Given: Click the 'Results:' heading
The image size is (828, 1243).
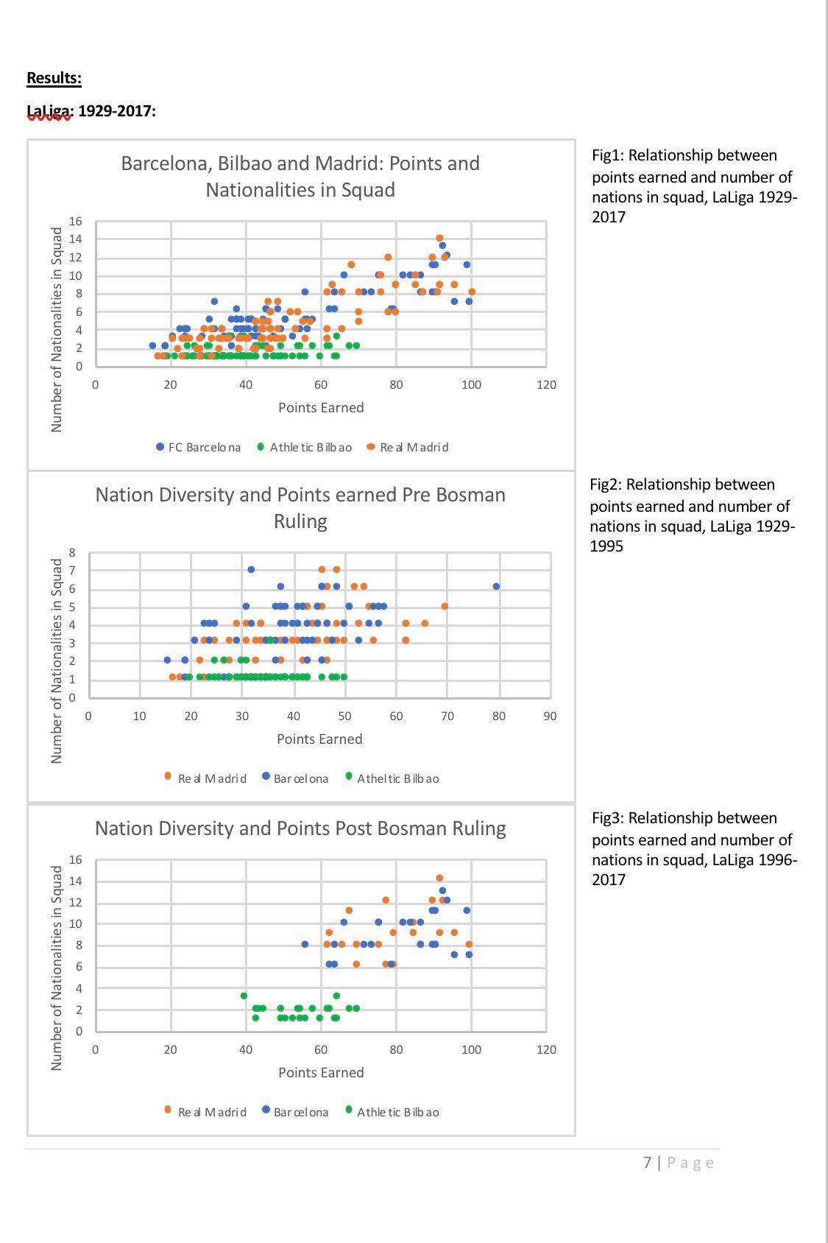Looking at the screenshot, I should pos(54,78).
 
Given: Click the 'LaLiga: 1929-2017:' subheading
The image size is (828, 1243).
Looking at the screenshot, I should pos(91,111).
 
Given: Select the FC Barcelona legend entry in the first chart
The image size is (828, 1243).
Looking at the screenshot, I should pos(198,447).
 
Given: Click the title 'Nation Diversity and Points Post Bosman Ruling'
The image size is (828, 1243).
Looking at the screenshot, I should pos(300,828).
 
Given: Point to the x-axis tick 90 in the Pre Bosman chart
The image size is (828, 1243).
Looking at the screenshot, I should pos(550,716).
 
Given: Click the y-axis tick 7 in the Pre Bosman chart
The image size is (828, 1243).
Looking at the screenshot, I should pos(72,570).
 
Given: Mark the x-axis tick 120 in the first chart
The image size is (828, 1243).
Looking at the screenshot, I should pos(546,384).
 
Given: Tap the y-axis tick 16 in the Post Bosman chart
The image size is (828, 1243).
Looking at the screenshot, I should pos(75,860).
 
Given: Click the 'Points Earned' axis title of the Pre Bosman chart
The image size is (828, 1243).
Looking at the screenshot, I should pos(319,739).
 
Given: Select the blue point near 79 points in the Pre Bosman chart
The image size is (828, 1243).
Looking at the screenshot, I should pos(496,587).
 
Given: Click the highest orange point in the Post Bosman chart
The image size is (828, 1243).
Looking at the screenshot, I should pos(439,878).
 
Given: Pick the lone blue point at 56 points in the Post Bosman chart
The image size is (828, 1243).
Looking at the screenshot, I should pos(305,944).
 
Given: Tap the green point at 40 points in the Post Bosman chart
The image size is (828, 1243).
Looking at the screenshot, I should pos(244,996).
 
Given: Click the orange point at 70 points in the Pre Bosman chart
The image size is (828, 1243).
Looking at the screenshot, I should pos(445,606).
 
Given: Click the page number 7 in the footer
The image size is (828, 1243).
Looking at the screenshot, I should pos(647,1163).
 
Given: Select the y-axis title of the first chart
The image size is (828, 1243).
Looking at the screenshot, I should pos(57,329).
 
